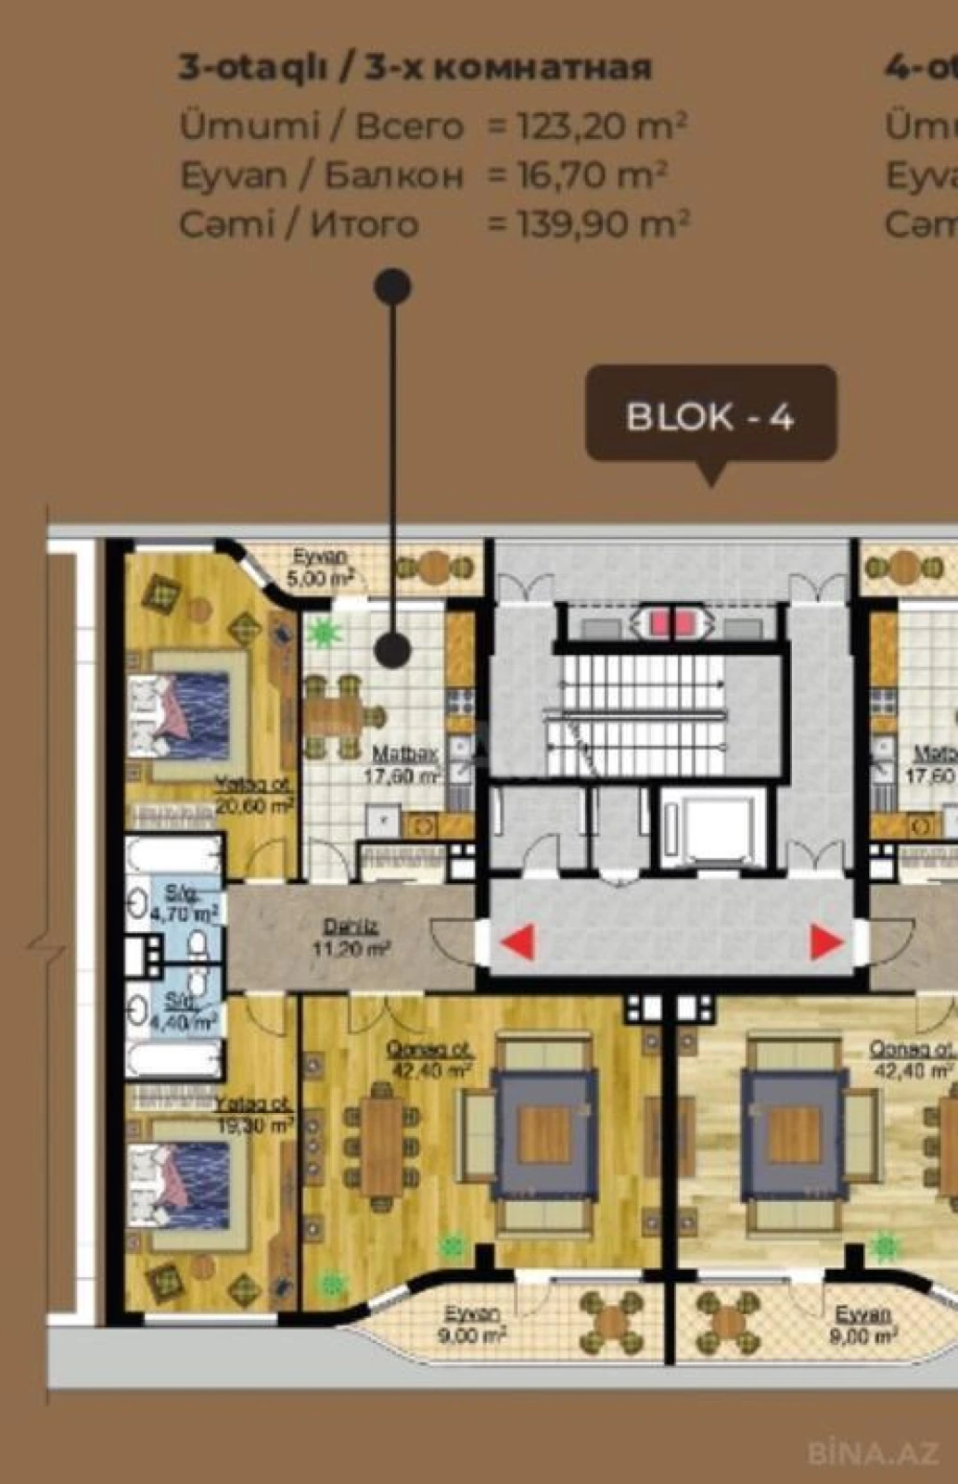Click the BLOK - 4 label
710,416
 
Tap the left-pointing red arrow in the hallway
517,941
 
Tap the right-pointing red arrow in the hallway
826,941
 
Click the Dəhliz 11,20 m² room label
350,937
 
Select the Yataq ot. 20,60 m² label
254,796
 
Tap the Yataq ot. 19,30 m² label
254,1115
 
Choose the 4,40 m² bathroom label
182,1012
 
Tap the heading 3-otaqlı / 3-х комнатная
415,68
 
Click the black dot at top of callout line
392,287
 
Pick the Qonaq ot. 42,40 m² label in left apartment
429,1058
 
